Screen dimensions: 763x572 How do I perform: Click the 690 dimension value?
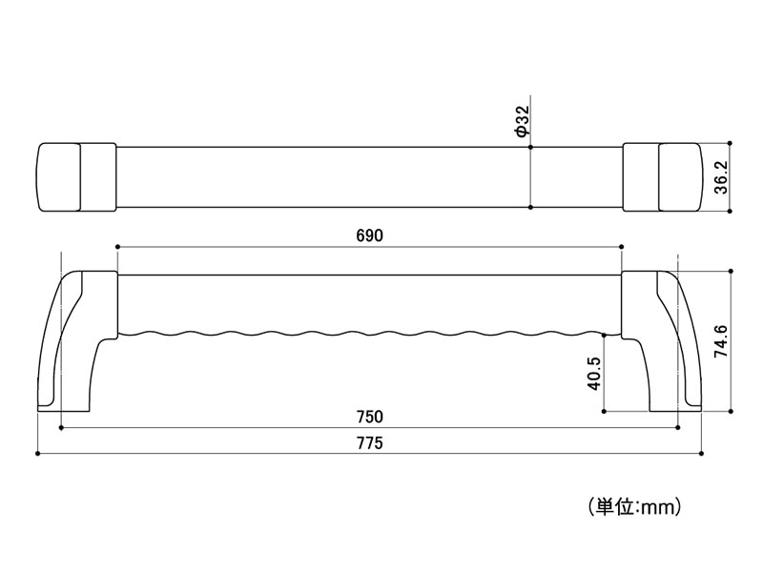[370, 235]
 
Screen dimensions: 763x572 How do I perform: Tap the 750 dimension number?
[370, 417]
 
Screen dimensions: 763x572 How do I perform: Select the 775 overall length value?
[370, 443]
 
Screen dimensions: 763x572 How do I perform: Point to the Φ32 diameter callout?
[522, 121]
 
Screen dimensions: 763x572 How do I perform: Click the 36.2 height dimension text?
[721, 177]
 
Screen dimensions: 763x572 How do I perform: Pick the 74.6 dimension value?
[721, 341]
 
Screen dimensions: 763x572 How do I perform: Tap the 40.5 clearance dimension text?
[594, 374]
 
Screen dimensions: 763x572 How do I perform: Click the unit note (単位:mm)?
[634, 507]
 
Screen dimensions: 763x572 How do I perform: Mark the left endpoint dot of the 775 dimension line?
[38, 454]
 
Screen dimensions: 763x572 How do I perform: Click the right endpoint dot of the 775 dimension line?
[701, 454]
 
